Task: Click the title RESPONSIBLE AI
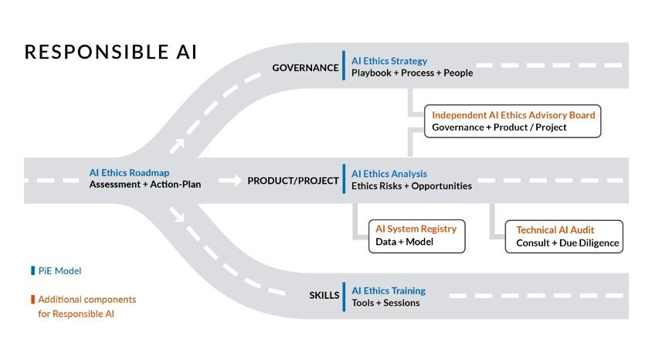[x=110, y=53]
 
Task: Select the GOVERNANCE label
[x=305, y=68]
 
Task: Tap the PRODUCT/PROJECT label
[x=293, y=181]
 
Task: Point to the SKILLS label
[x=324, y=295]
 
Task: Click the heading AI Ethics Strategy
[x=389, y=61]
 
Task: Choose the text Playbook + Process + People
[x=412, y=73]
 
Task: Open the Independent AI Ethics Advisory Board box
[x=512, y=121]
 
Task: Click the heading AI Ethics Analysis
[x=389, y=174]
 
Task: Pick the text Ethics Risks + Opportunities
[x=411, y=186]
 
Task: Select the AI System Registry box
[x=416, y=236]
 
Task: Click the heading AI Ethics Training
[x=388, y=291]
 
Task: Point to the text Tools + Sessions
[x=385, y=303]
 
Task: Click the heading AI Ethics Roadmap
[x=129, y=173]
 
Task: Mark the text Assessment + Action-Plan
[x=144, y=185]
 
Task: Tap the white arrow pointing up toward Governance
[x=178, y=144]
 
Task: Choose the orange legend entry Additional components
[x=86, y=299]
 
